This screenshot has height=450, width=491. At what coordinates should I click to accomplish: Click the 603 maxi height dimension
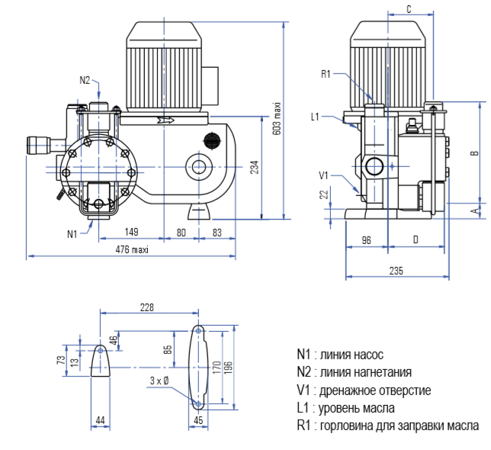278,119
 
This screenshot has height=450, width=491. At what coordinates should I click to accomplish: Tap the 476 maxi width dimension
132,249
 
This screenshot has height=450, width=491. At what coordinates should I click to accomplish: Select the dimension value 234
255,168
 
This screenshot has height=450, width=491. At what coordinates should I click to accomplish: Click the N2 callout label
85,80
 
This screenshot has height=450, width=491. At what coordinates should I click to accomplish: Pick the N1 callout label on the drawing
72,233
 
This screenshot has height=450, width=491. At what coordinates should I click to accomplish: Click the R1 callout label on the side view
325,74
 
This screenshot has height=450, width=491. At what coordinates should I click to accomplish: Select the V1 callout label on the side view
323,175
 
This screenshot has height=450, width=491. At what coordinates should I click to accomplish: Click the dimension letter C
409,9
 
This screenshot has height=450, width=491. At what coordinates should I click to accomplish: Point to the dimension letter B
474,153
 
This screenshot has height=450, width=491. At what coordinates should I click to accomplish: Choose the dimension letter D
415,239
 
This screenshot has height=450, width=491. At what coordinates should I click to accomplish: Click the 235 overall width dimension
395,270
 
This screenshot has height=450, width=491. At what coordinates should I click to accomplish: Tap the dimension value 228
146,307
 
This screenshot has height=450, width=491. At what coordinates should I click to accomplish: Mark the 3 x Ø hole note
159,380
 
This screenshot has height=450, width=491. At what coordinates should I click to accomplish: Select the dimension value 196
228,368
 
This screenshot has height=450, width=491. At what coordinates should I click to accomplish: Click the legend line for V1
364,391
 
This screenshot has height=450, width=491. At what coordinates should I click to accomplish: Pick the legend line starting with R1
387,426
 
